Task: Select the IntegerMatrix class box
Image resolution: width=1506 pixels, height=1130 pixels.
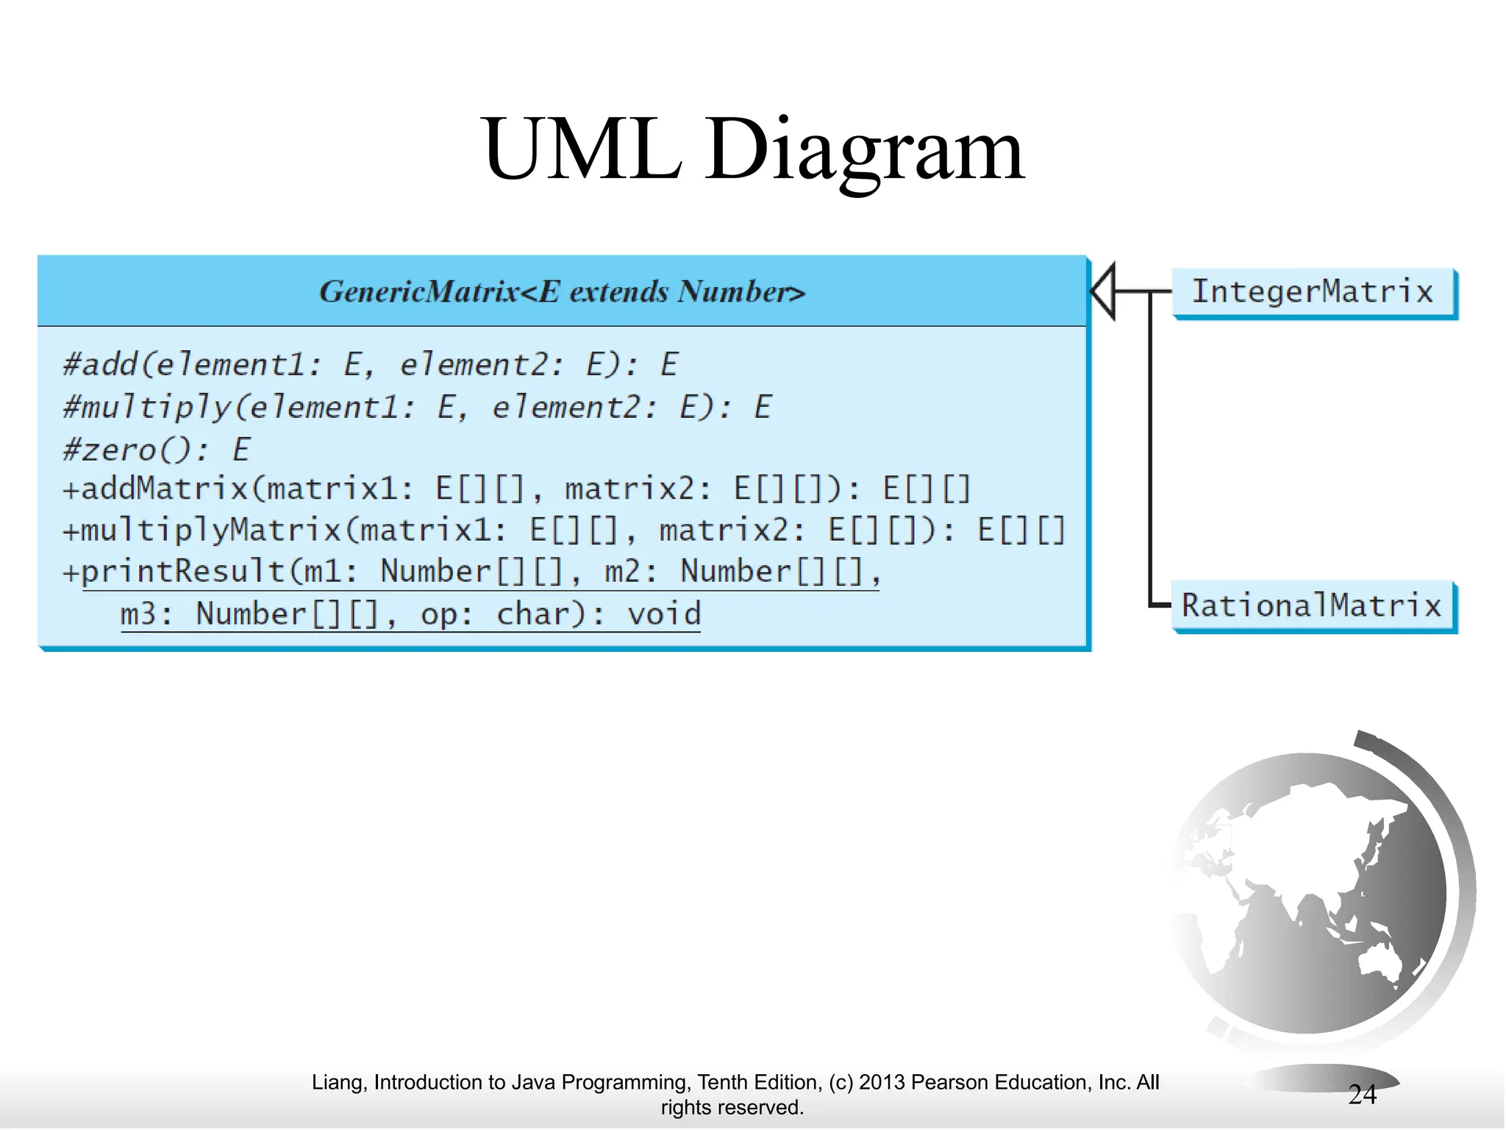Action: click(1313, 292)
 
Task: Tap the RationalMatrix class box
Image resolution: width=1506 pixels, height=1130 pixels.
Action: click(1312, 606)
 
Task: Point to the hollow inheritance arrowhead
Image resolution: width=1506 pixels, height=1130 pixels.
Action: click(1104, 291)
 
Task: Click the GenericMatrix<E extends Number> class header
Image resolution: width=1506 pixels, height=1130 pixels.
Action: click(562, 292)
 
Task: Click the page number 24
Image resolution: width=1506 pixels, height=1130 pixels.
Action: click(1362, 1095)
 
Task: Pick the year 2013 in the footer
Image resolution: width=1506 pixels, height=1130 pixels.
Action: click(882, 1082)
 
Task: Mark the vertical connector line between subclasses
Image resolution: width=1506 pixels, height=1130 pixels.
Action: click(1150, 449)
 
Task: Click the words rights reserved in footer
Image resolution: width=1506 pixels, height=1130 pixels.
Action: click(732, 1107)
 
